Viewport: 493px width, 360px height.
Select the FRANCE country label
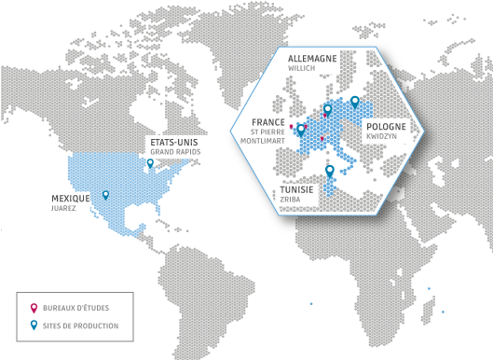pyautogui.click(x=268, y=121)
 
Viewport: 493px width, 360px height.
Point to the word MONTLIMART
pyautogui.click(x=262, y=140)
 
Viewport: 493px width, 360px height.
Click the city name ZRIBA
pyautogui.click(x=291, y=199)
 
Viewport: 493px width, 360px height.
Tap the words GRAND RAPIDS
pyautogui.click(x=174, y=151)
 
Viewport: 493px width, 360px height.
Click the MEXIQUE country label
pyautogui.click(x=71, y=199)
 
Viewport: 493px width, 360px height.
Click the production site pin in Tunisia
pyautogui.click(x=329, y=171)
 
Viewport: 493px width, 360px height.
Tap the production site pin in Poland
pyautogui.click(x=355, y=102)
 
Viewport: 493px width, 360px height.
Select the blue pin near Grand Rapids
pyautogui.click(x=151, y=162)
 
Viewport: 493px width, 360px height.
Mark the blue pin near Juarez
pyautogui.click(x=105, y=194)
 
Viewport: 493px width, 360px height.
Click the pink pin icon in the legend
pyautogui.click(x=34, y=306)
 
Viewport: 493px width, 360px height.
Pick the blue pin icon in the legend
pyautogui.click(x=34, y=325)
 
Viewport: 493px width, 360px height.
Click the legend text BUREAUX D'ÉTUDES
pyautogui.click(x=74, y=307)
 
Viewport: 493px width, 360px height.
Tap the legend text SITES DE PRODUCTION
pyautogui.click(x=80, y=325)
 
